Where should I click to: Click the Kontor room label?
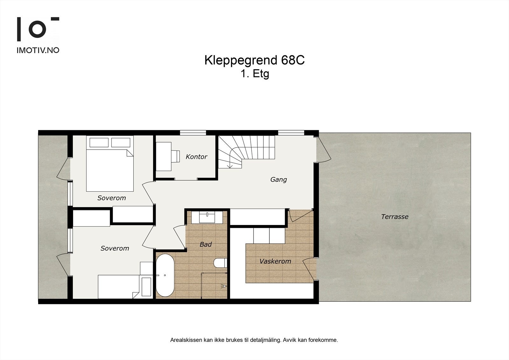[196, 157]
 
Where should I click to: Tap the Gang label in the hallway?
[278, 180]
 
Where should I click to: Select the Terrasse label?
[394, 217]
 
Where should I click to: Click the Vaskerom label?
[275, 261]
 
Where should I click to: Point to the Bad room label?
[206, 244]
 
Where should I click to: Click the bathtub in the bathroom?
[165, 275]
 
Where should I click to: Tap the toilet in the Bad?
[220, 263]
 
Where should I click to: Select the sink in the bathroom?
[207, 218]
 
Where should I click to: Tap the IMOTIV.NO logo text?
[38, 50]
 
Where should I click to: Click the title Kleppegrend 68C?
[254, 60]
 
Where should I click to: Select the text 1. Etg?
[255, 74]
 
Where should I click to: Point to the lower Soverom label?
[115, 248]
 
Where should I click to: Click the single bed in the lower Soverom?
[118, 286]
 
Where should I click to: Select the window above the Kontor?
[193, 133]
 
